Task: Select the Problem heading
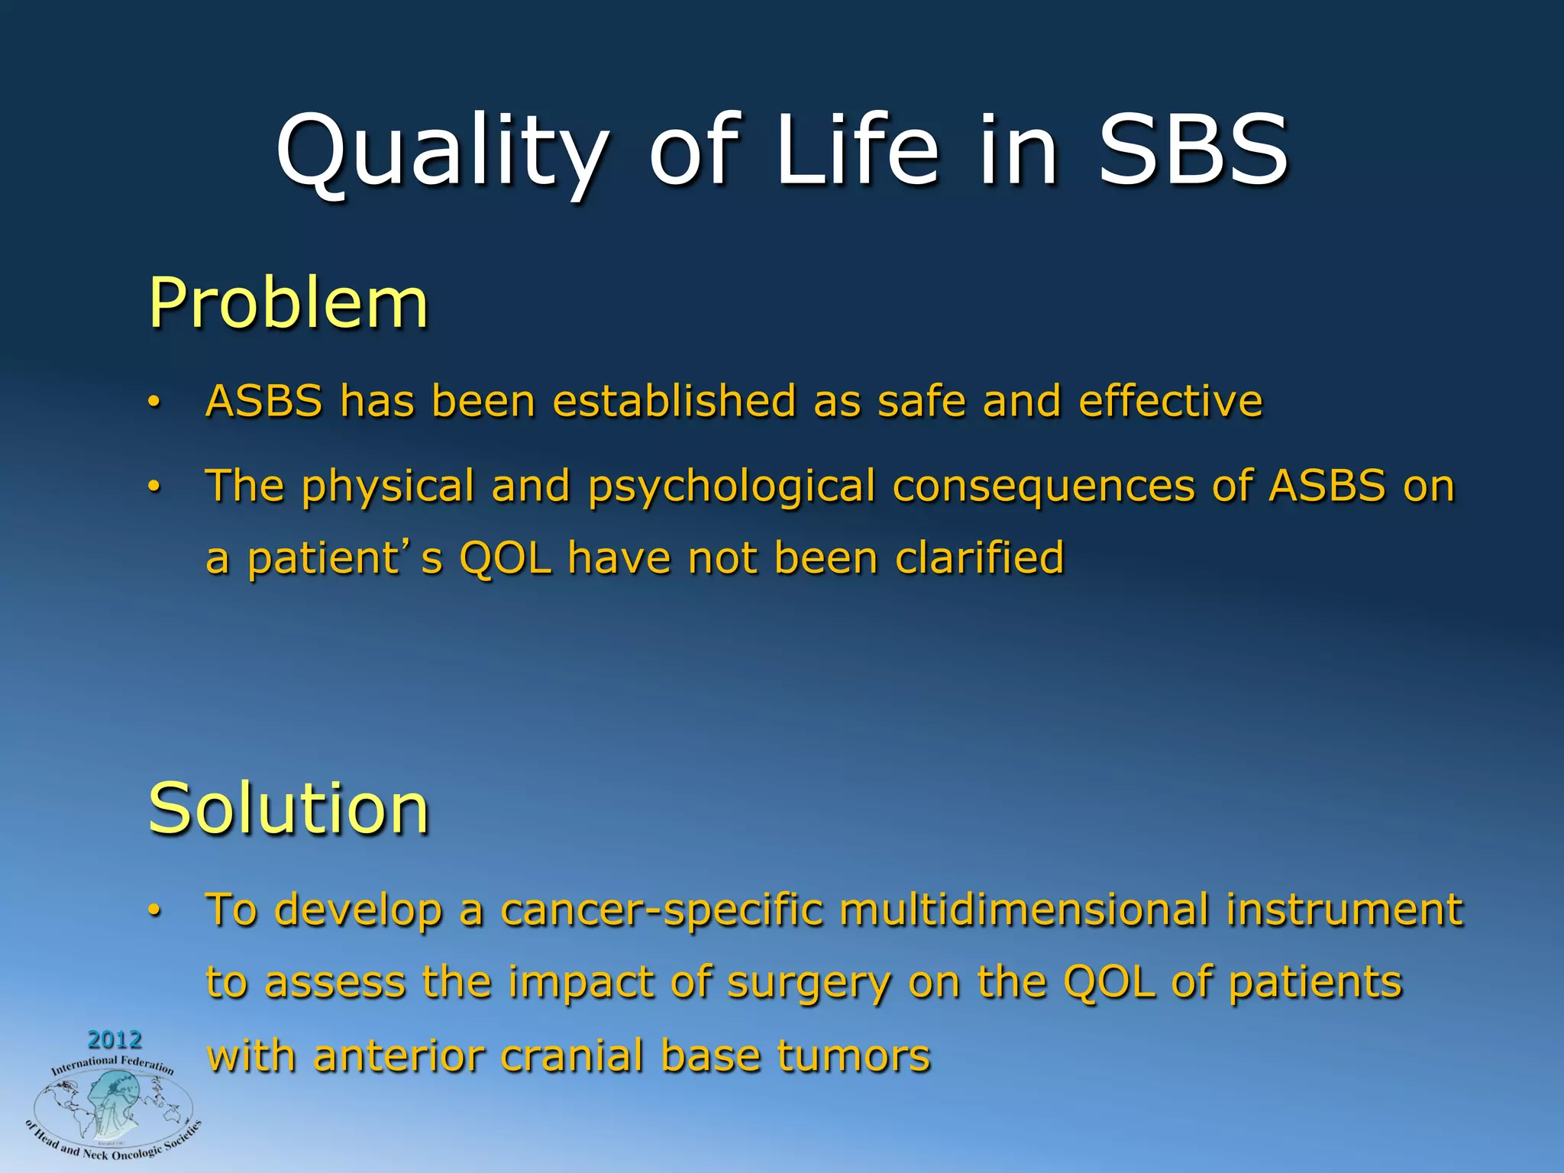click(288, 303)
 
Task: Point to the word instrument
click(1344, 910)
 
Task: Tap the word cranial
click(571, 1057)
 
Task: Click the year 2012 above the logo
click(115, 1039)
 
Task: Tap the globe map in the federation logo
click(112, 1107)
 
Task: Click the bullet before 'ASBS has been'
click(154, 402)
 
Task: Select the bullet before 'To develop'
click(154, 911)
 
